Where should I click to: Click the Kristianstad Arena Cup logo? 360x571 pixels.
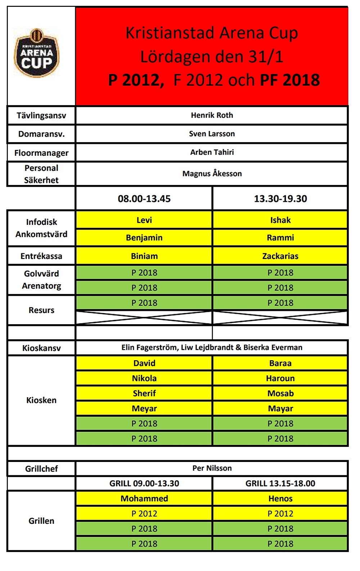(36, 53)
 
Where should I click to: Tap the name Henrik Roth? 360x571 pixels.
(212, 115)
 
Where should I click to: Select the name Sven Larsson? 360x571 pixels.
(212, 134)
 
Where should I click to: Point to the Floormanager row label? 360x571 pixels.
(41, 153)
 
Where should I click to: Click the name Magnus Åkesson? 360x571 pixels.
(212, 174)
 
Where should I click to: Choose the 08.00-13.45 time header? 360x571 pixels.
(144, 199)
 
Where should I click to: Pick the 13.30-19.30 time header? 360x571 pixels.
(280, 199)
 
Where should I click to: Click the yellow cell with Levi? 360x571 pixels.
(144, 220)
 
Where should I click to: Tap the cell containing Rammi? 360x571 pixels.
(280, 237)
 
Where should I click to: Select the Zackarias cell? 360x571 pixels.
(280, 256)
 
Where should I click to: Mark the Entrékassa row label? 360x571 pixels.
(41, 256)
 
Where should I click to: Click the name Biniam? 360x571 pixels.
(144, 256)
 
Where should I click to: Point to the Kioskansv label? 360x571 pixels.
(41, 348)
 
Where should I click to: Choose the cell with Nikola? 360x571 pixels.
(144, 378)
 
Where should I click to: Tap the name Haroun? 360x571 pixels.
(280, 378)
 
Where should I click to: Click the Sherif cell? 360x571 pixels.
(144, 393)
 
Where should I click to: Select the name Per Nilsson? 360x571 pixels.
(212, 468)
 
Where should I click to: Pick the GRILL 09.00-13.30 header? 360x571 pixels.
(144, 483)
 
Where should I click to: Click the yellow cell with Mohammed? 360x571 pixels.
(144, 498)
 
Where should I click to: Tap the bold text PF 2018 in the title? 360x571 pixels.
(290, 80)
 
